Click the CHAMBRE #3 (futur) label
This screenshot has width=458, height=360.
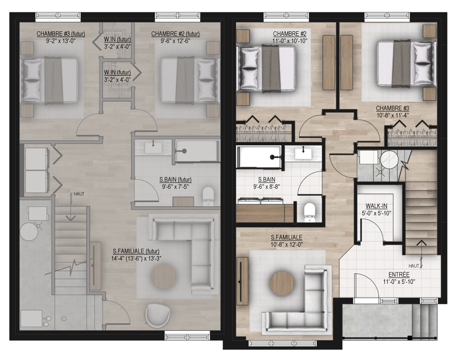coord(61,34)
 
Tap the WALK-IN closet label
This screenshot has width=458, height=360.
coord(376,206)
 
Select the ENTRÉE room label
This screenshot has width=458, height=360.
coord(399,274)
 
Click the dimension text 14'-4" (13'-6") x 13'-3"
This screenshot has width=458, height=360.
coord(136,258)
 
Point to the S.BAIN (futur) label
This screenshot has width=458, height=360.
coord(175,179)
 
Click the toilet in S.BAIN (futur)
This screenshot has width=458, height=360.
coord(208,196)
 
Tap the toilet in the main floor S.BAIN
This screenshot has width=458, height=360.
coord(310,212)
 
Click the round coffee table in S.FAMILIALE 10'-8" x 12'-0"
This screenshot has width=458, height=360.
coord(282,283)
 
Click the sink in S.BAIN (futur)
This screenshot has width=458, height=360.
coord(153,148)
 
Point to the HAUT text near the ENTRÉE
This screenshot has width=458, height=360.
coord(414,266)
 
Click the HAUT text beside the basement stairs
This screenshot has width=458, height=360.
coord(79,194)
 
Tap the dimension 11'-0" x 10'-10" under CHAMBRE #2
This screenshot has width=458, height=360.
coord(290,41)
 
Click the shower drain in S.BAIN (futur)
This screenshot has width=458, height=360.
coord(184,151)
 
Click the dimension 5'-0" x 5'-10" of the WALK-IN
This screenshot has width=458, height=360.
coord(376,213)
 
